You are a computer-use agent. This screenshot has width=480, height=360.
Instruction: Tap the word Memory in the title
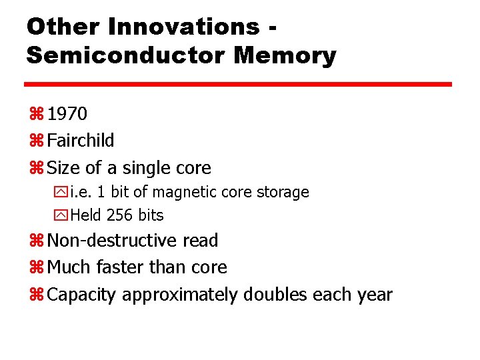tap(285, 55)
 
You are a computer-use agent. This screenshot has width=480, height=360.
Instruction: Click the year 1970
tap(67, 114)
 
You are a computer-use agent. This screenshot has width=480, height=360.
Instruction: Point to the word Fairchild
tap(81, 141)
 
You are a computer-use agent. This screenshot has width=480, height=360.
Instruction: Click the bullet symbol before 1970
tap(36, 115)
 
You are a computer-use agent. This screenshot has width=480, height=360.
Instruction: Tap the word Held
tap(85, 215)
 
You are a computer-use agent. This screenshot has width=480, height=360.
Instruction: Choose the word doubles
tap(273, 294)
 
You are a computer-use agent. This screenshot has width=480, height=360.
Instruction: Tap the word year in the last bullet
tap(374, 295)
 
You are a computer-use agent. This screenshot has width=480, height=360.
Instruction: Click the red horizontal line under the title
tap(238, 85)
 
